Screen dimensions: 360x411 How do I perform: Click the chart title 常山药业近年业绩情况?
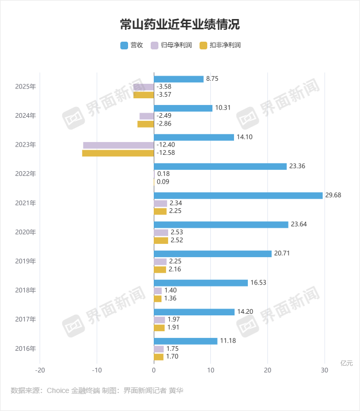(x=179, y=24)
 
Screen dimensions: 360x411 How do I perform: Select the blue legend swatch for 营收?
(x=124, y=45)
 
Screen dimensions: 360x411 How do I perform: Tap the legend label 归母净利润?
(x=176, y=45)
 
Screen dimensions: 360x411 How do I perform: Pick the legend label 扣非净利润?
(x=225, y=45)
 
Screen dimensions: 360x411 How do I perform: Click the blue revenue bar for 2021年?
(x=238, y=195)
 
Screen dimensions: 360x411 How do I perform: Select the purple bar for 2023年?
(x=118, y=145)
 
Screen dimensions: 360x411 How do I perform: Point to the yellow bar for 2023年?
(x=118, y=153)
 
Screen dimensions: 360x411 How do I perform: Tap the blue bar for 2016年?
(x=186, y=341)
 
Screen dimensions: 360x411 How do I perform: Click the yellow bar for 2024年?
(x=146, y=124)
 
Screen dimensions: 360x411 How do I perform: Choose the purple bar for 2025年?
(x=143, y=87)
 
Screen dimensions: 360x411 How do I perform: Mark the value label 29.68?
(x=333, y=195)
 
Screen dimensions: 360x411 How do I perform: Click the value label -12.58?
(x=166, y=153)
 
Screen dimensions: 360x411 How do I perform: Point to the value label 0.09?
(x=163, y=182)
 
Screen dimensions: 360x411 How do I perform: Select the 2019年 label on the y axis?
(x=25, y=261)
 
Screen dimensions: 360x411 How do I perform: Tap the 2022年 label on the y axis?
(x=25, y=174)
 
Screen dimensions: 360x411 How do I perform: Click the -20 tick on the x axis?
(x=40, y=370)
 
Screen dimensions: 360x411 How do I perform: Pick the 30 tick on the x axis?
(x=325, y=370)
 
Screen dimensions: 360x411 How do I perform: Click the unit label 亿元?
(x=347, y=363)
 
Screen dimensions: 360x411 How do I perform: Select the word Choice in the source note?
(x=58, y=390)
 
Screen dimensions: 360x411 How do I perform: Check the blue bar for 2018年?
(x=201, y=283)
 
